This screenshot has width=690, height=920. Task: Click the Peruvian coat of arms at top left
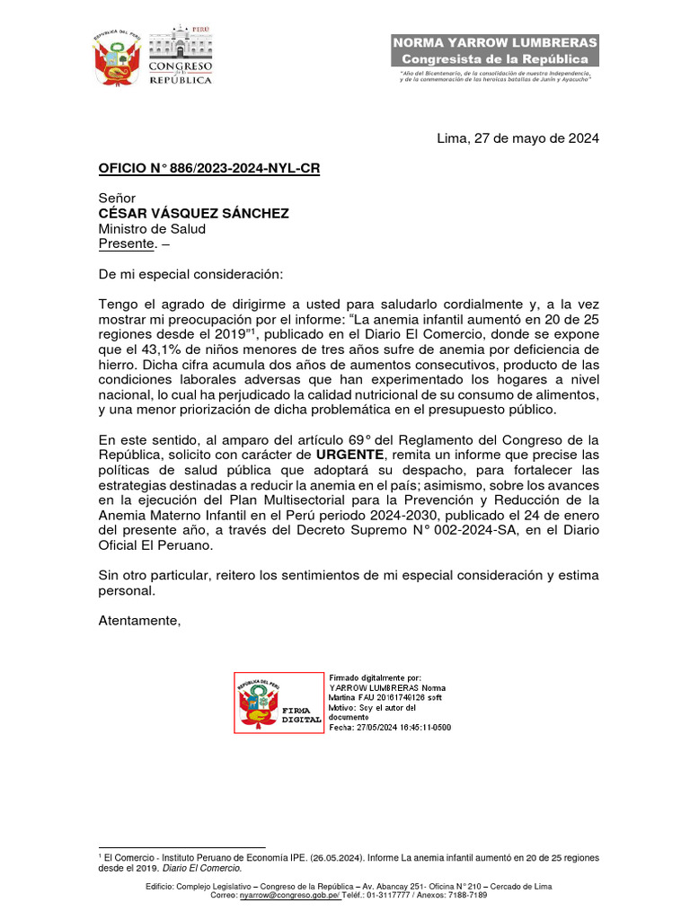(117, 58)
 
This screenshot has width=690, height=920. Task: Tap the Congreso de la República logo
(180, 57)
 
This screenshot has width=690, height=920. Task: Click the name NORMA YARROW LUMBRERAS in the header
(495, 43)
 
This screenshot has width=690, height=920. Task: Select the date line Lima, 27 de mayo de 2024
(517, 138)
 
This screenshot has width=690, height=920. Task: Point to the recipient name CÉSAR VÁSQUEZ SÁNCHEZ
(193, 213)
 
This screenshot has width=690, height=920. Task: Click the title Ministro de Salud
(152, 228)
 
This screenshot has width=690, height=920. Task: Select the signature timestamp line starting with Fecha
(390, 727)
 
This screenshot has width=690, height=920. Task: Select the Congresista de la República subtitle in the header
(495, 59)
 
